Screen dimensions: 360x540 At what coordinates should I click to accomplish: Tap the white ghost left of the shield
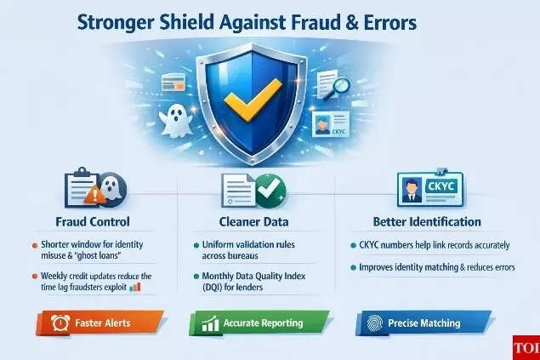177,116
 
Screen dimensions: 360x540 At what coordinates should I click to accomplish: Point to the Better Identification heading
426,221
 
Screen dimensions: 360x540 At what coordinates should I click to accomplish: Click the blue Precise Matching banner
423,323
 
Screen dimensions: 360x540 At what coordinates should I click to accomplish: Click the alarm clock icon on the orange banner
60,323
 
